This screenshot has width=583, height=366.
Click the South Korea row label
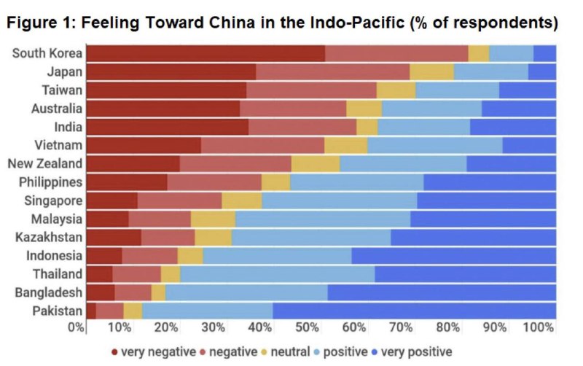[47, 53]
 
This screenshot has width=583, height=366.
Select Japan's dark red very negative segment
[171, 71]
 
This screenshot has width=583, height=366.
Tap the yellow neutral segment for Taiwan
[396, 90]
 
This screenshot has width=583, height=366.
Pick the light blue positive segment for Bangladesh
[246, 292]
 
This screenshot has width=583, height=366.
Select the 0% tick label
[76, 327]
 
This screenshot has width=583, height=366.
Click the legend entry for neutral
[286, 351]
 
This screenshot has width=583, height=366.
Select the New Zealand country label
[44, 163]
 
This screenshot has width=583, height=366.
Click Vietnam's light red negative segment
[262, 145]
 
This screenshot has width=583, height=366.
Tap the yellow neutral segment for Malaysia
[213, 219]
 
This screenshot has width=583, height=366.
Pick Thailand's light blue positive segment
[277, 274]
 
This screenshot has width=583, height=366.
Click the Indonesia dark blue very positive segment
[453, 256]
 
